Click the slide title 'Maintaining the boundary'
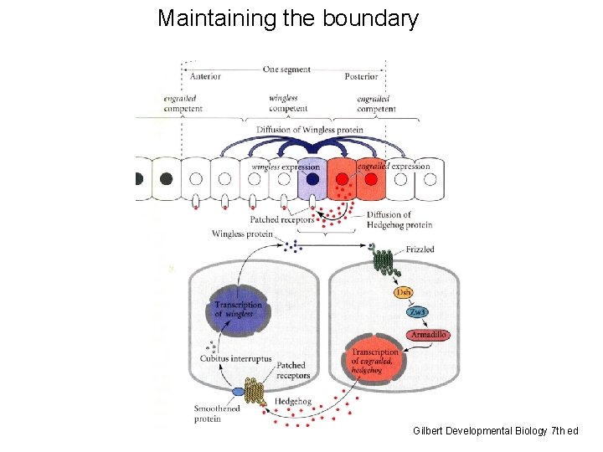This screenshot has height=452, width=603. point(287,18)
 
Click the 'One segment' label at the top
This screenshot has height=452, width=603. point(286,69)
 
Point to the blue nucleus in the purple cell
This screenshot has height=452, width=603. point(312,178)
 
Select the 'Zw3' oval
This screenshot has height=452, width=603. point(417,312)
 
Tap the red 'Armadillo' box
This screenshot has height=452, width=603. point(428,335)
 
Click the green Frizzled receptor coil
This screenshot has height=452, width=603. point(383,260)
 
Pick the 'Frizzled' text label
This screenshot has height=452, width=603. point(420,249)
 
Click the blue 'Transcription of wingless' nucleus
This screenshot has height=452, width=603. point(237,311)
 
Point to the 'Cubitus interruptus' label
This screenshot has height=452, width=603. point(235,358)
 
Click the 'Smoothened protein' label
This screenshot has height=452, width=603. point(217,413)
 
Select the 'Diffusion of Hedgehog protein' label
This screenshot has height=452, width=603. point(399,219)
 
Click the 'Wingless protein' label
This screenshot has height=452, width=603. point(242,234)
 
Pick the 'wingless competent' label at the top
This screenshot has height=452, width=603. point(284,103)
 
